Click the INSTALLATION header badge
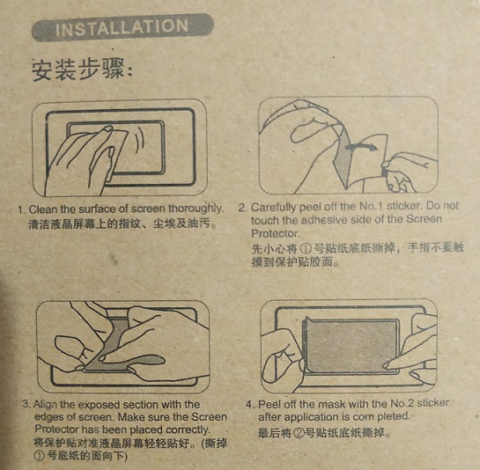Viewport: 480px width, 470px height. click(x=122, y=27)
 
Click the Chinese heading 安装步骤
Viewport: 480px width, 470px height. click(x=82, y=70)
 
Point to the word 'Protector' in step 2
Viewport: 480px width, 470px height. click(x=275, y=234)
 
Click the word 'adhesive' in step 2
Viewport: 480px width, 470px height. click(x=324, y=220)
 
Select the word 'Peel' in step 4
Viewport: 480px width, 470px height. click(x=270, y=404)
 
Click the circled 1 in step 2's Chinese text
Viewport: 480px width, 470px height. click(x=306, y=248)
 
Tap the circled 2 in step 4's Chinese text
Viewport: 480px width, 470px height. click(x=299, y=433)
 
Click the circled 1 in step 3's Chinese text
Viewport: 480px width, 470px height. click(x=40, y=456)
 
